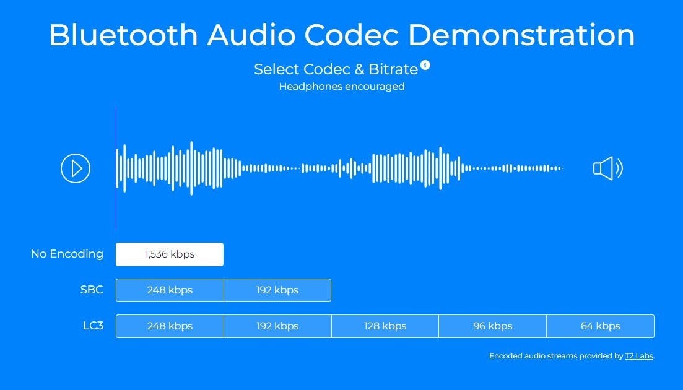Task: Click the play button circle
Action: [76, 168]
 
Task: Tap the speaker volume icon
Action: [608, 168]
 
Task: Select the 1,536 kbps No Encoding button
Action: [170, 254]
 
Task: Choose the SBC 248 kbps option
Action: [170, 290]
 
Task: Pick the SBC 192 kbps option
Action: [277, 290]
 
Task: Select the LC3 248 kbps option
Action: [170, 326]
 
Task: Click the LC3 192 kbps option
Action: [277, 326]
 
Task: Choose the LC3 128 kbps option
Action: [385, 326]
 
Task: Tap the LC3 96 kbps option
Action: [493, 326]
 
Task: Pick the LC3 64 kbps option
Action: [600, 326]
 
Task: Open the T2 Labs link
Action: [639, 356]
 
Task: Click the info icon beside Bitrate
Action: [425, 65]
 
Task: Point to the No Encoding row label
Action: [67, 254]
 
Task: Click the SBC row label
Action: [92, 290]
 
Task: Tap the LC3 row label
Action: [94, 326]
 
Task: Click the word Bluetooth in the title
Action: [123, 35]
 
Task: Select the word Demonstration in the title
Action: [521, 35]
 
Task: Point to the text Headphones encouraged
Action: [342, 87]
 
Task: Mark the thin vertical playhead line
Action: [116, 168]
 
